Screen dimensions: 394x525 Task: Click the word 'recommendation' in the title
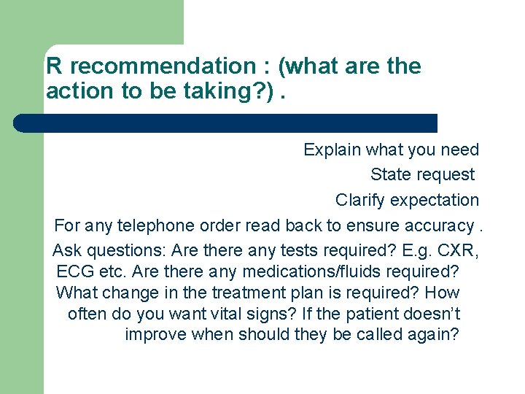[161, 66]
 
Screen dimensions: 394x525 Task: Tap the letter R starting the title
[53, 66]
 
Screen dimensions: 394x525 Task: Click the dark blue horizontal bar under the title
[226, 123]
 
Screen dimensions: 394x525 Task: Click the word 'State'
[390, 175]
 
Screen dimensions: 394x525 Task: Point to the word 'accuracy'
[432, 226]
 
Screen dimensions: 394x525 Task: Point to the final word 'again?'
[435, 336]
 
